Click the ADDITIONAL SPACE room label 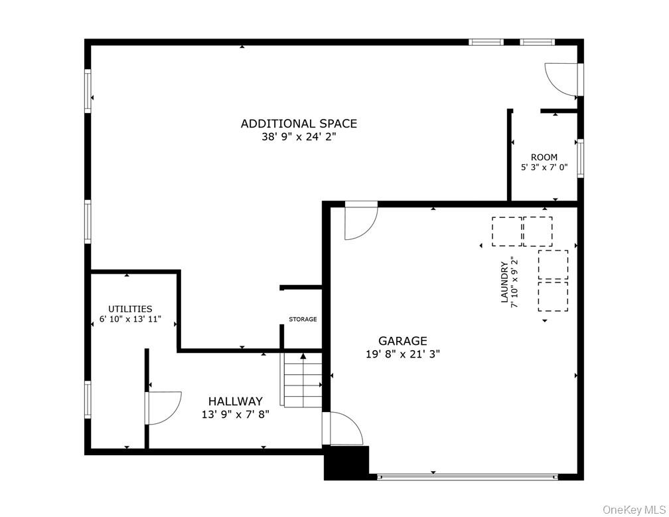point(299,124)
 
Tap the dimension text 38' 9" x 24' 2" point(299,138)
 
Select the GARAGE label point(402,341)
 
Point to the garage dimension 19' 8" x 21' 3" point(402,354)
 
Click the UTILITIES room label point(130,309)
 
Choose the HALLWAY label point(235,401)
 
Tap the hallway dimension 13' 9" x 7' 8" point(235,415)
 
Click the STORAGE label point(303,320)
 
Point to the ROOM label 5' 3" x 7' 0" point(544,162)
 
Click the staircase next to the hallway point(303,380)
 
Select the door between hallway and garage point(342,429)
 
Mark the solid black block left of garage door point(346,463)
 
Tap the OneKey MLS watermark point(634,509)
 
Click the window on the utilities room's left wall point(88,399)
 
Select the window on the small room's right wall point(580,158)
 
